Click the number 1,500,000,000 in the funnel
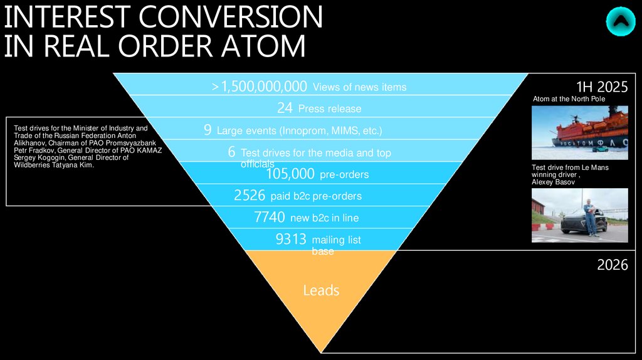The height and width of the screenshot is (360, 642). (264, 87)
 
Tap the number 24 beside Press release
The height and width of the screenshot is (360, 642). (285, 108)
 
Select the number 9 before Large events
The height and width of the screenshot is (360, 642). (208, 130)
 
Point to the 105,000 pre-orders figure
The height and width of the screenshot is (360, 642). (290, 174)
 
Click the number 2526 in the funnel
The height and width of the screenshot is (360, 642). (250, 196)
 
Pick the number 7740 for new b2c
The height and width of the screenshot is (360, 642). (271, 218)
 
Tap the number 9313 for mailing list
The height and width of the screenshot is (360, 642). (291, 239)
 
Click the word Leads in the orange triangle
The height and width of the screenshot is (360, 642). (321, 290)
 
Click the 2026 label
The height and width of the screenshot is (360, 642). (612, 265)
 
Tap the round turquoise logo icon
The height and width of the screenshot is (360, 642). (620, 21)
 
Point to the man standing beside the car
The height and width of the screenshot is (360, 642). (589, 216)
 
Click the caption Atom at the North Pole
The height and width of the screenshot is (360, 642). (569, 99)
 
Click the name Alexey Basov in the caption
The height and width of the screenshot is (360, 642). (554, 181)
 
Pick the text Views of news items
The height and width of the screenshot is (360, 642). (359, 87)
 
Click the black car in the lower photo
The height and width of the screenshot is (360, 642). (580, 222)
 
